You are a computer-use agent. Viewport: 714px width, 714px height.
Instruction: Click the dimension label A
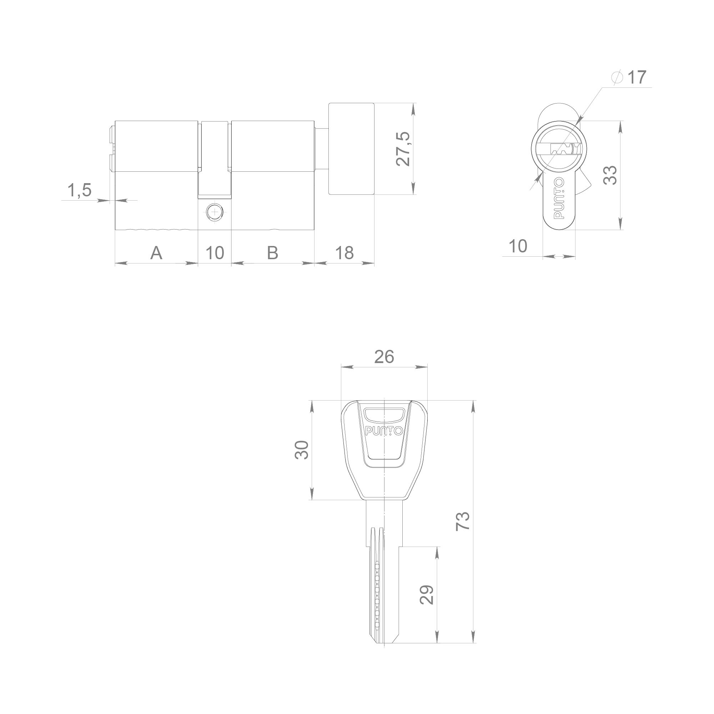[x=156, y=253]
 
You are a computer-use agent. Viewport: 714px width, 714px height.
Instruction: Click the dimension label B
[x=272, y=253]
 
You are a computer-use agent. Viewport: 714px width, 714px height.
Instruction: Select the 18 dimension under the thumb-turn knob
[x=345, y=253]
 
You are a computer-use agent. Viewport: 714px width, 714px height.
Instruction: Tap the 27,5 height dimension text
[x=403, y=149]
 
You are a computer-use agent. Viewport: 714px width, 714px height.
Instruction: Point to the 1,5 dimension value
[x=79, y=190]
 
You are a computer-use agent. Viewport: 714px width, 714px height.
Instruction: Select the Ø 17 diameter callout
[x=630, y=77]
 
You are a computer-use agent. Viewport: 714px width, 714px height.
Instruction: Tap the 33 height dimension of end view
[x=610, y=175]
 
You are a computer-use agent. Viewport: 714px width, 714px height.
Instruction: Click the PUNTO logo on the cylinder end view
[x=559, y=198]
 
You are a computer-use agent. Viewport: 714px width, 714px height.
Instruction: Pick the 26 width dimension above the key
[x=384, y=357]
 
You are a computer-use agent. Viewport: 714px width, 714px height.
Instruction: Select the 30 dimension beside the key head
[x=302, y=450]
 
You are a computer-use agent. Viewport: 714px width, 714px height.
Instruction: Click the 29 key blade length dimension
[x=428, y=595]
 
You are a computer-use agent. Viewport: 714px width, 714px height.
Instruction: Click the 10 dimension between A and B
[x=215, y=253]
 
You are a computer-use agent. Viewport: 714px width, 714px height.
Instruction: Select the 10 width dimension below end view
[x=518, y=246]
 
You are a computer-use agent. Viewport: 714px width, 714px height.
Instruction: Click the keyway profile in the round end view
[x=562, y=149]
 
